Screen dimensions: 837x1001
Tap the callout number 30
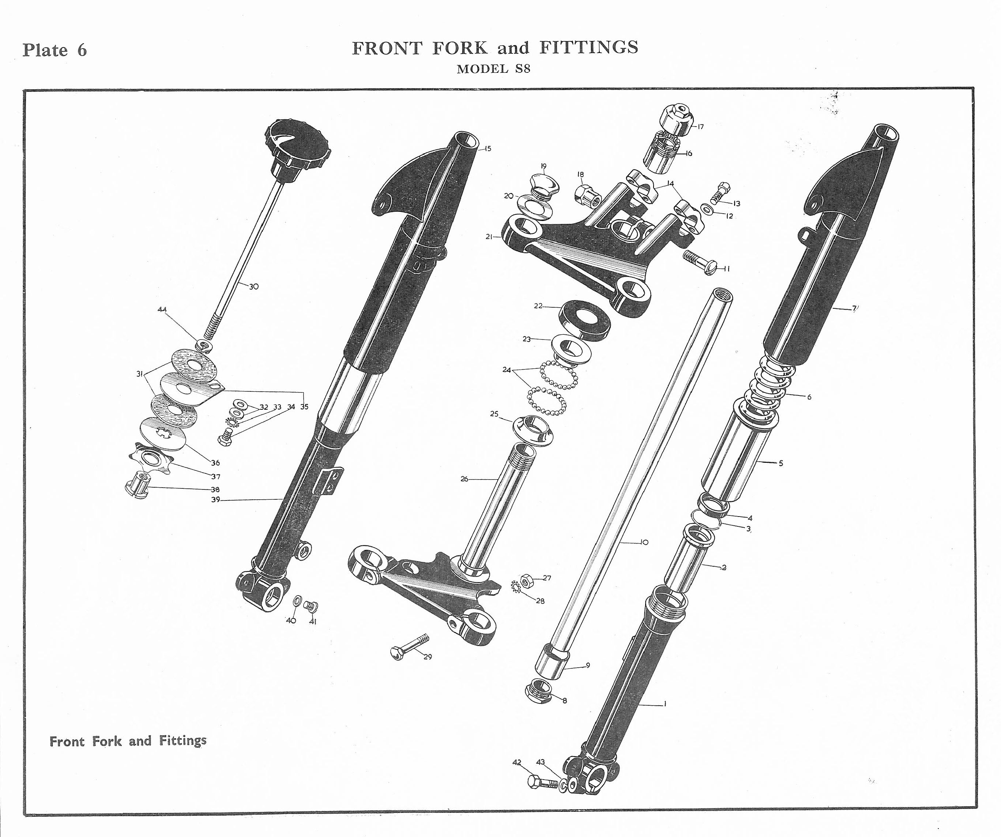[x=254, y=287]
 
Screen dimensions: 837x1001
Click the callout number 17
[x=700, y=127]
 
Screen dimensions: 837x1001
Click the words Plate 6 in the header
[x=55, y=50]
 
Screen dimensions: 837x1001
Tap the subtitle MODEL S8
[x=493, y=69]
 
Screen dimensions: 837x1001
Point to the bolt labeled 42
[x=542, y=782]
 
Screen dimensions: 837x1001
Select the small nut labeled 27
[x=526, y=579]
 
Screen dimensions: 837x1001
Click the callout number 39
[x=215, y=500]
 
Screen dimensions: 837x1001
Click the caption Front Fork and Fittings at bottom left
[x=128, y=741]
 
